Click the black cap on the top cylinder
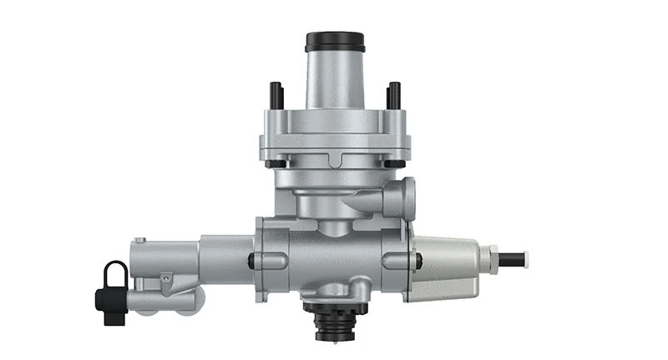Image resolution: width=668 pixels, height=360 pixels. pyautogui.click(x=335, y=41)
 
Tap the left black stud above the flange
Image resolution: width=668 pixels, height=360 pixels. pyautogui.click(x=275, y=94)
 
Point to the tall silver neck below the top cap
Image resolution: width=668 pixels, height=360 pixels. pyautogui.click(x=334, y=79)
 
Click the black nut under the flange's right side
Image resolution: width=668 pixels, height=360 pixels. pyautogui.click(x=390, y=163)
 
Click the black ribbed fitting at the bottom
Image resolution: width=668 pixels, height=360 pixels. pyautogui.click(x=335, y=321)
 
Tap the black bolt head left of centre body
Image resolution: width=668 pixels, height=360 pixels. pyautogui.click(x=250, y=261)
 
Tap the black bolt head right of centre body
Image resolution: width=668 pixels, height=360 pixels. pyautogui.click(x=417, y=261)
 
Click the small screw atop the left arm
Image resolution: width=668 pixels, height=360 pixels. pyautogui.click(x=141, y=241)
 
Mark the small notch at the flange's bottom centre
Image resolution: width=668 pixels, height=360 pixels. pyautogui.click(x=335, y=158)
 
